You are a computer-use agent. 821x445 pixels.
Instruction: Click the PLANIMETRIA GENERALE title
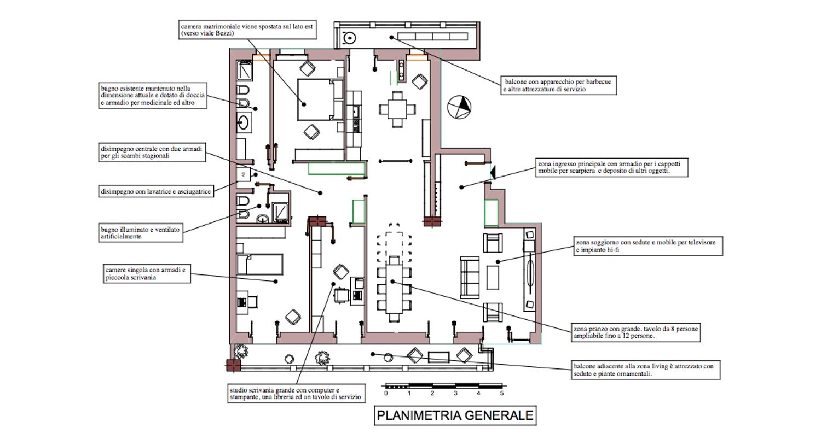click(x=455, y=415)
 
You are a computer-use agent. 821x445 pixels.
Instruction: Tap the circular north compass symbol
click(x=459, y=107)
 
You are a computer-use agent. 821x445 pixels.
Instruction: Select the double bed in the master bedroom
click(x=316, y=99)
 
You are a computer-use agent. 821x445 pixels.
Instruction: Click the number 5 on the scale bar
click(x=502, y=393)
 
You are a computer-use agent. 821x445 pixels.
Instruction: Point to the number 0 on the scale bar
click(x=386, y=393)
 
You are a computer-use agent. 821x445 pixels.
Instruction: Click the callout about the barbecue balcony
click(x=559, y=85)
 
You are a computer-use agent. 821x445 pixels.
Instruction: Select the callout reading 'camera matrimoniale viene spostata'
click(x=248, y=30)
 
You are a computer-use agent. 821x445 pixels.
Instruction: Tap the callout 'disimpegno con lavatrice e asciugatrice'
click(x=156, y=191)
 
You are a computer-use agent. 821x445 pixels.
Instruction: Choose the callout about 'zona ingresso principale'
click(x=611, y=167)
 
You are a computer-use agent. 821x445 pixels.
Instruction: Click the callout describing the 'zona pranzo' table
click(x=636, y=332)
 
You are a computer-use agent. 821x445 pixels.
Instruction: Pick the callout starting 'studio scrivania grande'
click(x=296, y=394)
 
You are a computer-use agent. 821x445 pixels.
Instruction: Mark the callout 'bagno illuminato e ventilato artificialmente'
click(x=141, y=233)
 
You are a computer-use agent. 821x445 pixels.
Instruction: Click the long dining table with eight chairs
click(x=395, y=285)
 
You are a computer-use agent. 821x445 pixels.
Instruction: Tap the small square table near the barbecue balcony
click(x=398, y=109)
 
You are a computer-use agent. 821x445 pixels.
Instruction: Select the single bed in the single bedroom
click(x=261, y=264)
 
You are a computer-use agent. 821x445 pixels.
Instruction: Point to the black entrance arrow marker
click(x=493, y=173)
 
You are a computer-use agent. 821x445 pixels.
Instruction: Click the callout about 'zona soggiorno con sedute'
click(x=648, y=246)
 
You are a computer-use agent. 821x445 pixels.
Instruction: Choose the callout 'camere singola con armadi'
click(x=147, y=273)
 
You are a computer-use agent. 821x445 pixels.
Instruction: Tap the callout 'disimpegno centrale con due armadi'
click(x=152, y=152)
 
